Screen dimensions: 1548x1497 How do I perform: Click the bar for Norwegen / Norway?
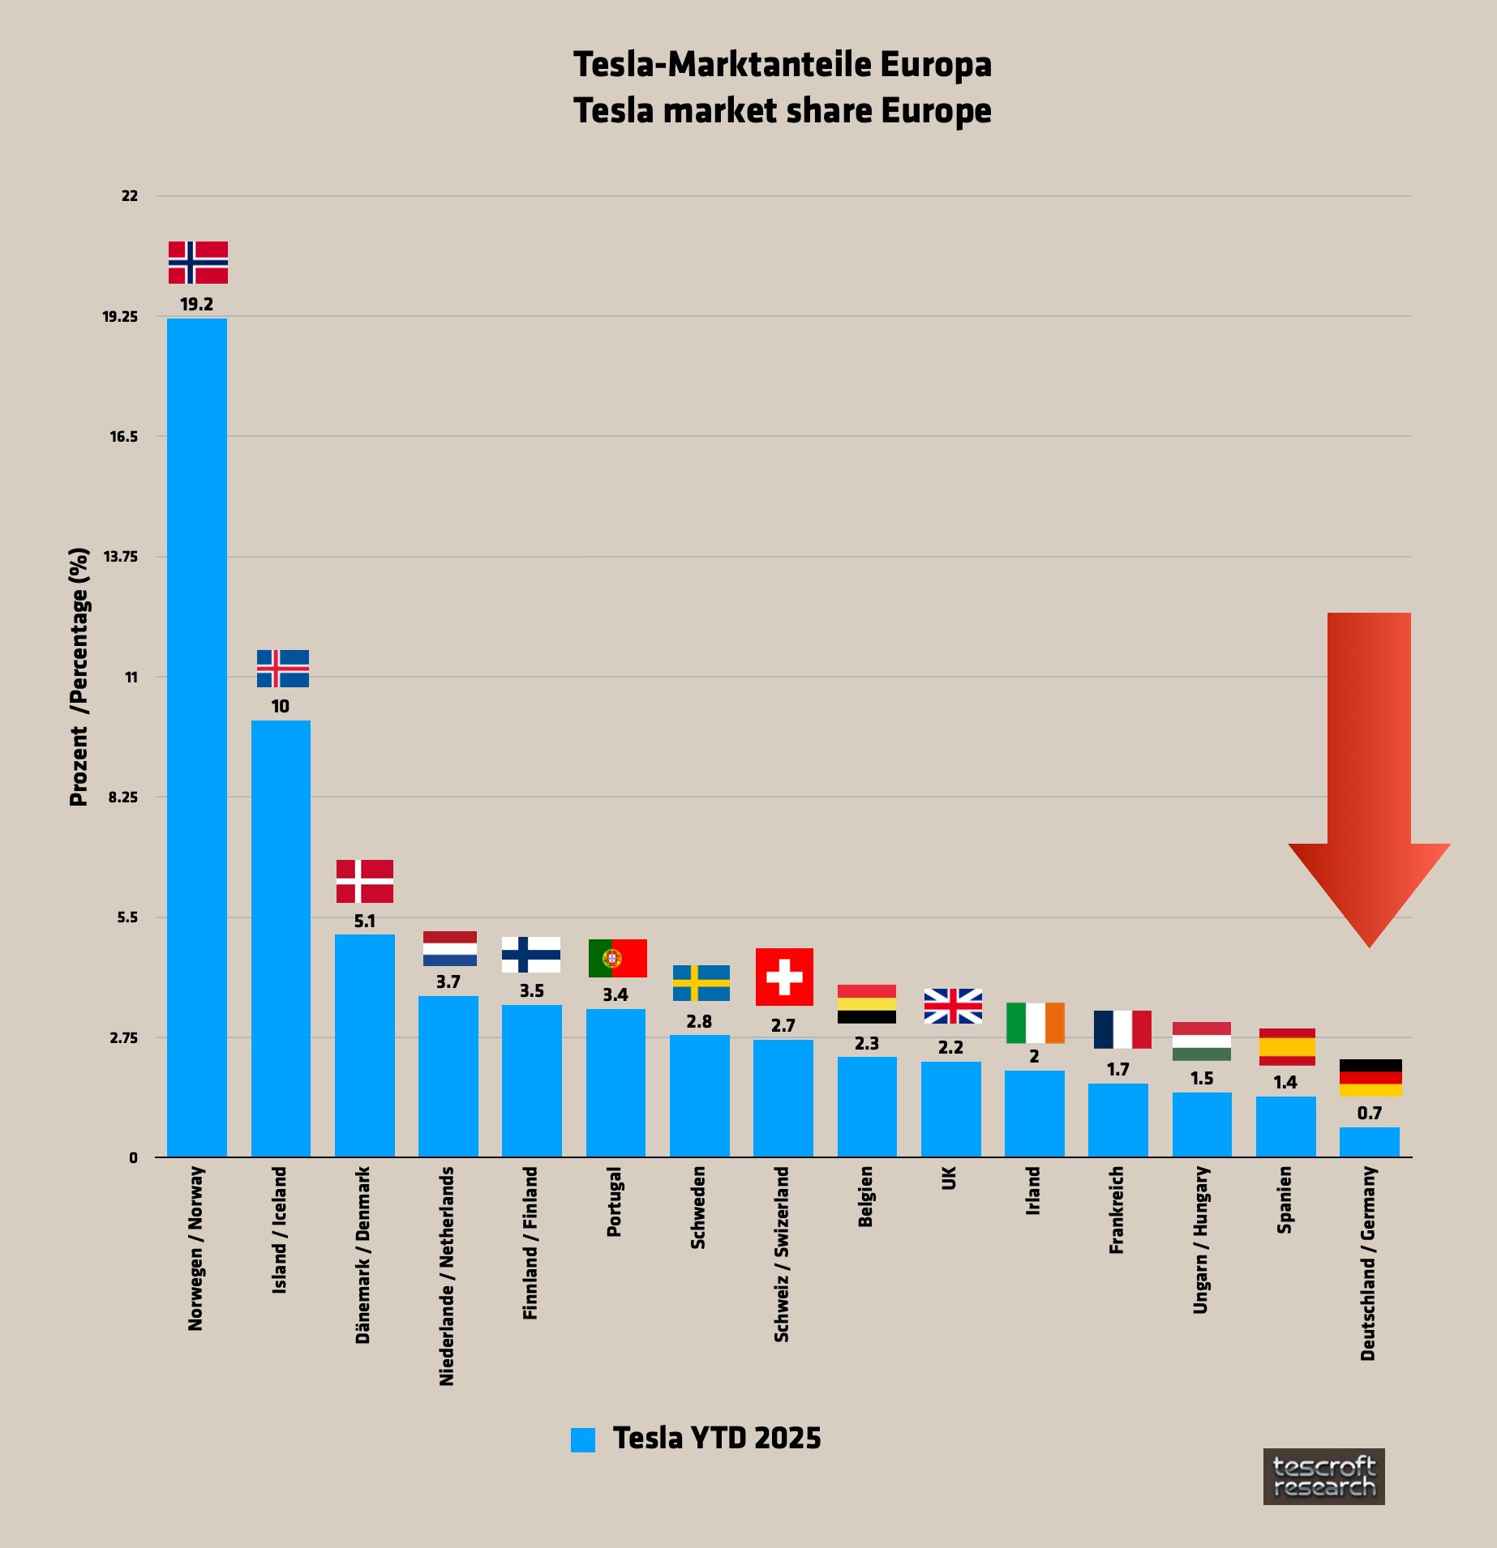(x=197, y=738)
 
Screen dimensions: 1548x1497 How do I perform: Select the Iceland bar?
(x=281, y=939)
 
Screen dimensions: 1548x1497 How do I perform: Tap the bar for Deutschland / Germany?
(x=1369, y=1142)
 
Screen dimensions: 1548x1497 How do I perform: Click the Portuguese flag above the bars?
(x=617, y=958)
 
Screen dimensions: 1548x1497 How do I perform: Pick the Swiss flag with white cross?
(x=784, y=977)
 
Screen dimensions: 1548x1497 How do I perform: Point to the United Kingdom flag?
(x=953, y=1006)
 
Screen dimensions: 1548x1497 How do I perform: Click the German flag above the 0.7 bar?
(x=1370, y=1078)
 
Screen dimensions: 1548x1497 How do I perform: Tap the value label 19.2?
(x=197, y=305)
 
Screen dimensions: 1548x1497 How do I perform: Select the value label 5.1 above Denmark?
(x=365, y=922)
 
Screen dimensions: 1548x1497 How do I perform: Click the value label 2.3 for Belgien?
(x=867, y=1044)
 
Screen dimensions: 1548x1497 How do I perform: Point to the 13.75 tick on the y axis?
(x=120, y=557)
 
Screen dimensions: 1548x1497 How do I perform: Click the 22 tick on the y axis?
(x=130, y=196)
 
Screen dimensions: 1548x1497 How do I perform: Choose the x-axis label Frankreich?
(x=1117, y=1210)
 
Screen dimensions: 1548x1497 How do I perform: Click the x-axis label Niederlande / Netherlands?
(x=447, y=1276)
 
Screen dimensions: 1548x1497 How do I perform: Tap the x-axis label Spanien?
(x=1285, y=1200)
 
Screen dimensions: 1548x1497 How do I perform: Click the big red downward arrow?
(x=1369, y=778)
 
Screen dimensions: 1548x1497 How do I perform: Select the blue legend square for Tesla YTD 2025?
(x=583, y=1439)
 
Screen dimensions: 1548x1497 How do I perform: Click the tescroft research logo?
(x=1323, y=1477)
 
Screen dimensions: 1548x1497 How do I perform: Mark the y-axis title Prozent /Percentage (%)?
(x=79, y=677)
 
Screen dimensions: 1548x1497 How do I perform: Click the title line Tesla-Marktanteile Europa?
(x=782, y=65)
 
